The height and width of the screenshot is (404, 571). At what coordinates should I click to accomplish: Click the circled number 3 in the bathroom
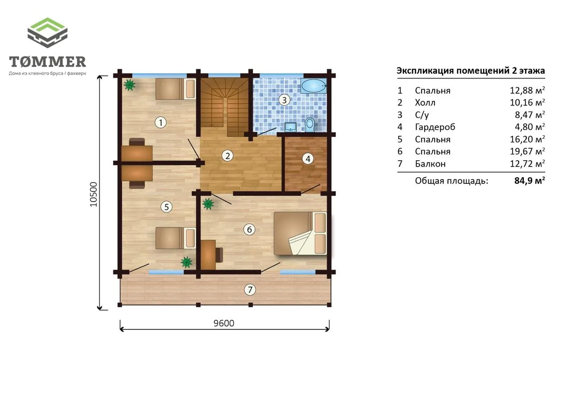[284, 100]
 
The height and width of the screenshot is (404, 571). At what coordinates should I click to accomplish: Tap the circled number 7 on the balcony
[250, 289]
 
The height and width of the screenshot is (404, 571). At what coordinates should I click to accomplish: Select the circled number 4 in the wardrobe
[308, 159]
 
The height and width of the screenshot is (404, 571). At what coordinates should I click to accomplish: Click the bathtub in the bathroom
[314, 86]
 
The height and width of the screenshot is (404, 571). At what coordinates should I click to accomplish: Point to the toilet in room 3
[310, 125]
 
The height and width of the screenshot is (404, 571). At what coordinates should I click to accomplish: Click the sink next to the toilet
[290, 127]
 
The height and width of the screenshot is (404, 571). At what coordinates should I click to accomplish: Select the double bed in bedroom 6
[300, 233]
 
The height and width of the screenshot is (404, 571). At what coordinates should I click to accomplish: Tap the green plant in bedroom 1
[129, 85]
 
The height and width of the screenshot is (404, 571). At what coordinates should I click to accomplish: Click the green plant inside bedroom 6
[208, 204]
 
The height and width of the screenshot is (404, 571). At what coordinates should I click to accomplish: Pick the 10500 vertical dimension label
[94, 194]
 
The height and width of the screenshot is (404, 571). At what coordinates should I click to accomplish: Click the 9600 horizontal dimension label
[224, 323]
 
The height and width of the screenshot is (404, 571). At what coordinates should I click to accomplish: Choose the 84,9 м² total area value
[530, 180]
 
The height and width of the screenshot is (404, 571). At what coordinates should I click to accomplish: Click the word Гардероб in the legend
[435, 127]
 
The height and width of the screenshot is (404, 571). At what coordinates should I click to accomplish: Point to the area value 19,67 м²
[527, 151]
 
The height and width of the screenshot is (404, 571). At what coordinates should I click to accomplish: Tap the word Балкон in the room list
[430, 163]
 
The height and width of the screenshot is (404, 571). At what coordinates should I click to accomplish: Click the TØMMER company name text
[47, 62]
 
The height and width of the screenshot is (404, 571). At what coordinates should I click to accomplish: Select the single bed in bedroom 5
[175, 238]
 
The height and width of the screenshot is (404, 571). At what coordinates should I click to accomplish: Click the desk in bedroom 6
[208, 254]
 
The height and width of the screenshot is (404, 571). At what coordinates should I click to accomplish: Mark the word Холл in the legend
[425, 103]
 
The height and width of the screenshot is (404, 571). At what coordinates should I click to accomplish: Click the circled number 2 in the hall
[228, 156]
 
